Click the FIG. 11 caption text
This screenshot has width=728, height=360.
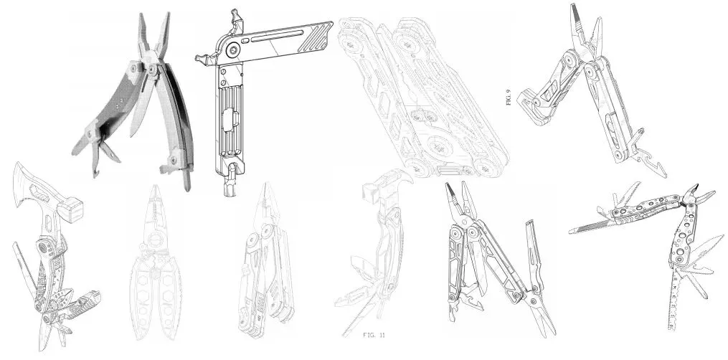pyautogui.click(x=374, y=334)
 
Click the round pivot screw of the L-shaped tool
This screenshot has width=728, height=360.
pyautogui.click(x=234, y=48)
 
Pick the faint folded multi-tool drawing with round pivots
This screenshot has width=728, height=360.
pyautogui.click(x=423, y=97)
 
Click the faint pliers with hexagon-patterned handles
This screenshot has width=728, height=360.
pyautogui.click(x=156, y=262)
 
